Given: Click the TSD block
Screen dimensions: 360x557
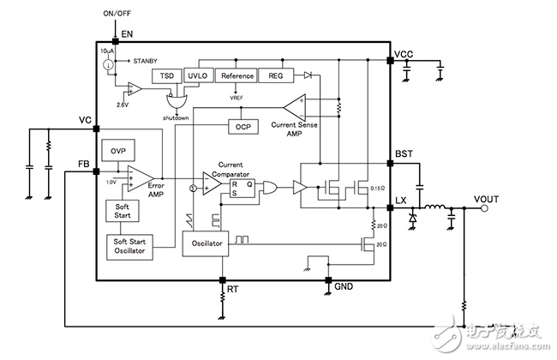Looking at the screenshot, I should (x=166, y=75).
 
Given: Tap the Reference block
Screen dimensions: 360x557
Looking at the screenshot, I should (x=237, y=75).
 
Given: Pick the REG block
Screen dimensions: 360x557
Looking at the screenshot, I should (x=275, y=75).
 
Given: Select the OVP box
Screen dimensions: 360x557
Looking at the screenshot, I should (x=116, y=151).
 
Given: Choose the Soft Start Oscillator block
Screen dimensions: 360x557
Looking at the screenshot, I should (x=127, y=247).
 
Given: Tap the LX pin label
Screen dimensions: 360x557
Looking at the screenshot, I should (x=400, y=201).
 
